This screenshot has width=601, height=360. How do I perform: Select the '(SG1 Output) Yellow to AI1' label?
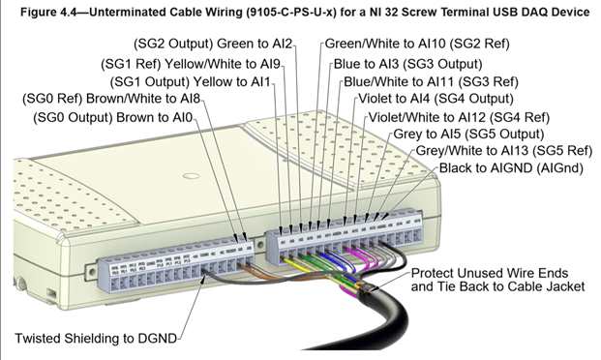click(192, 81)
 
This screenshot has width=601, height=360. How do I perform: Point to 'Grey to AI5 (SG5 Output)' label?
click(468, 134)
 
